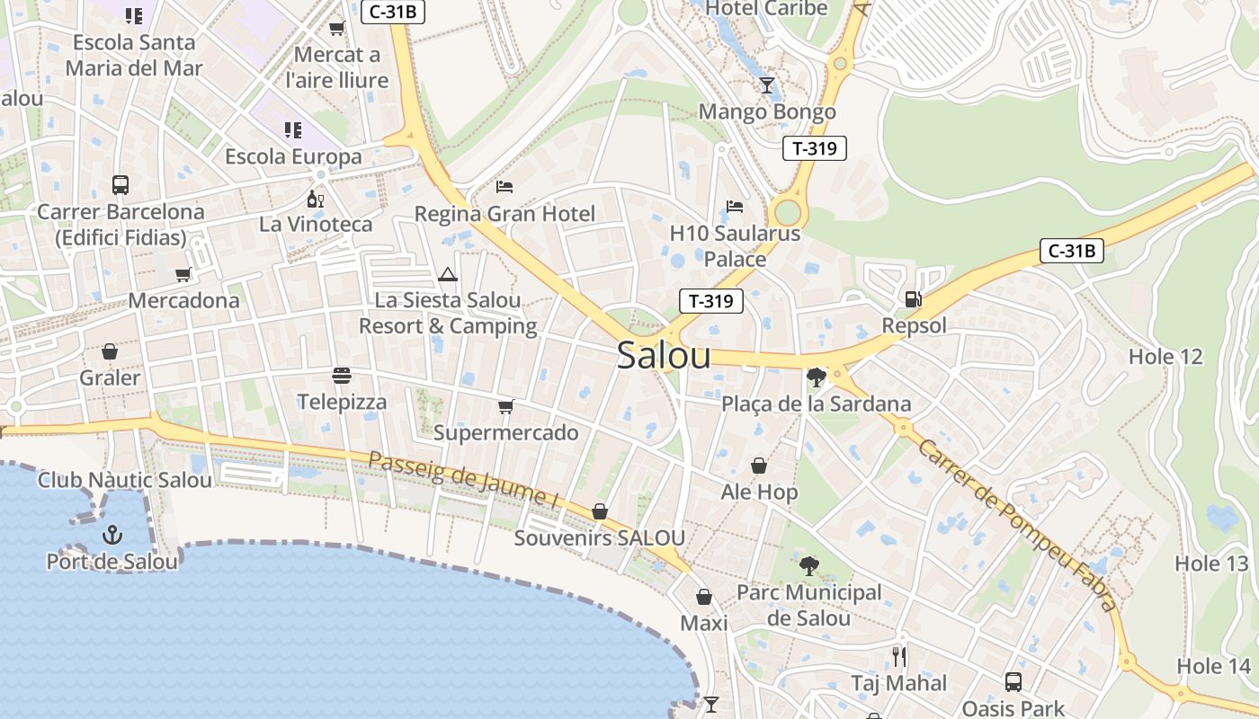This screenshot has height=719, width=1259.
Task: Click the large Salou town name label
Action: click(664, 356)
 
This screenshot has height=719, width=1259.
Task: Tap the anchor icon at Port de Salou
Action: click(112, 536)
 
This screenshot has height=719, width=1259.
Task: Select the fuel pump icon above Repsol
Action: click(913, 299)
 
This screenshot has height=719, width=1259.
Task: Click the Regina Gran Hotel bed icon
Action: click(504, 187)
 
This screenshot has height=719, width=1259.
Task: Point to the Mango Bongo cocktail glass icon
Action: click(767, 85)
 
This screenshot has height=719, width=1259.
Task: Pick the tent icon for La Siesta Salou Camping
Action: click(448, 274)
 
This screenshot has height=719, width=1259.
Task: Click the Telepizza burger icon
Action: click(341, 375)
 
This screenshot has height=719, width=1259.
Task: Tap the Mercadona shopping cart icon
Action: click(183, 274)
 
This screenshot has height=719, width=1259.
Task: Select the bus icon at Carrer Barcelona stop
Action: click(121, 185)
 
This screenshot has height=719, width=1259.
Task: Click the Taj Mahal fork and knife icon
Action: click(898, 656)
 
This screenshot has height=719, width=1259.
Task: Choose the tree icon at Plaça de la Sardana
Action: click(817, 377)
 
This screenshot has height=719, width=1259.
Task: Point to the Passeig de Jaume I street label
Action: click(470, 477)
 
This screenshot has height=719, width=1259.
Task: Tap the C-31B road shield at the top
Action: click(393, 12)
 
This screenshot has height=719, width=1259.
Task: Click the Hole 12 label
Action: click(1165, 357)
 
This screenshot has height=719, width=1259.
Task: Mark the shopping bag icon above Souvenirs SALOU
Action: click(600, 511)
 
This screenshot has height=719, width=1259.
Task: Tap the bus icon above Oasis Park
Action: click(1013, 681)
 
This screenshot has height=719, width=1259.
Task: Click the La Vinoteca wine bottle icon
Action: click(315, 199)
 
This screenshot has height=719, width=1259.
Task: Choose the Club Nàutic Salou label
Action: click(125, 480)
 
